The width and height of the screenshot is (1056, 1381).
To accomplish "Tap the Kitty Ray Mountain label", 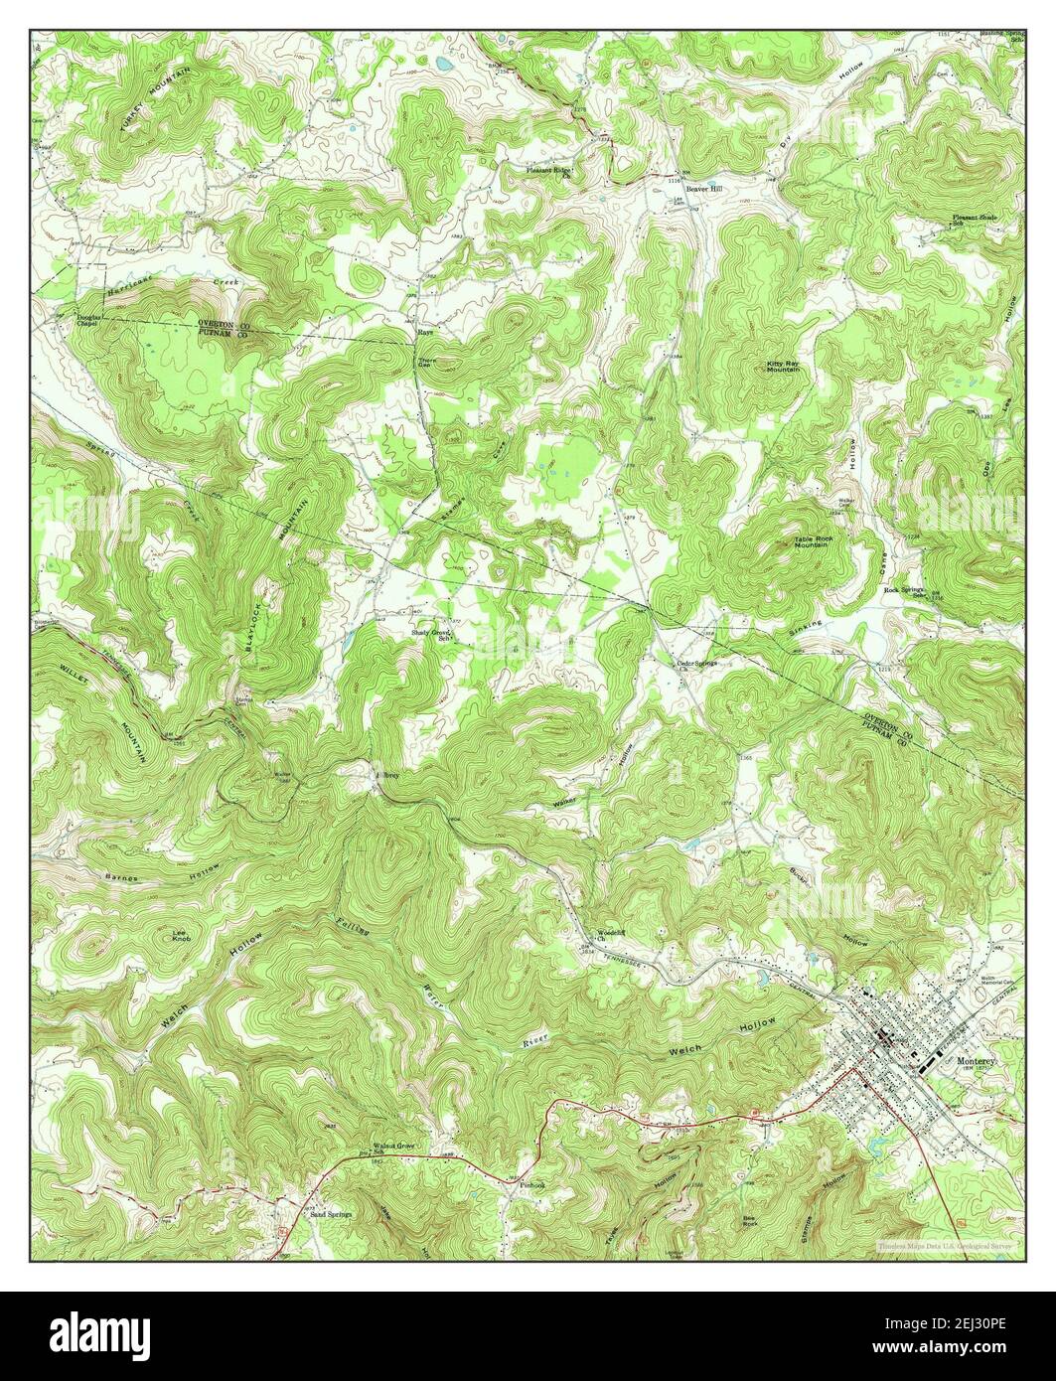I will coord(783,367).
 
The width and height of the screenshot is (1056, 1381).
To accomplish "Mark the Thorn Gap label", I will coord(426,363).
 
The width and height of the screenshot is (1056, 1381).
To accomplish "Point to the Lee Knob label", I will coord(180,936).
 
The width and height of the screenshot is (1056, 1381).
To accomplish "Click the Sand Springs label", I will coord(332,1214).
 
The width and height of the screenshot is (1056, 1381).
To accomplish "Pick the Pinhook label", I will coord(532,1184).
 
